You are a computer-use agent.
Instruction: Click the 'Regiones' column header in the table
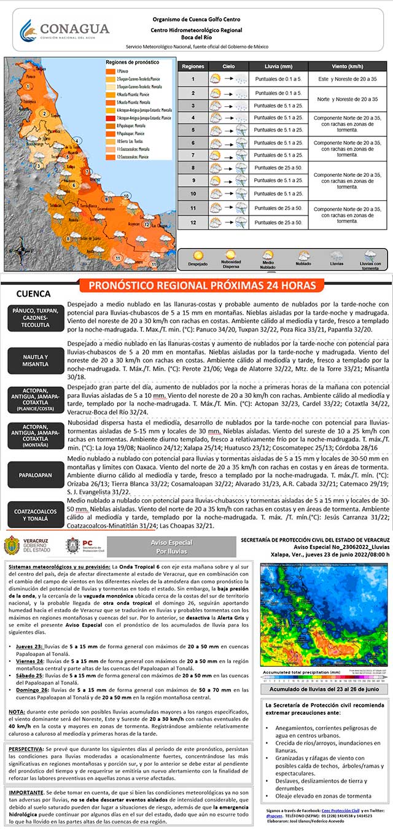click(x=193, y=65)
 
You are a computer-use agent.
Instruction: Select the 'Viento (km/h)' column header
click(x=348, y=65)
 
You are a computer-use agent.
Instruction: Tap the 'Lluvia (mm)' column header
click(x=279, y=65)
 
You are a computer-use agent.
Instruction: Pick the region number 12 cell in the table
click(x=193, y=222)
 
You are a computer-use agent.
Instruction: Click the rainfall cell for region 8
click(x=279, y=167)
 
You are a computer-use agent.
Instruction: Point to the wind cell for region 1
click(x=348, y=79)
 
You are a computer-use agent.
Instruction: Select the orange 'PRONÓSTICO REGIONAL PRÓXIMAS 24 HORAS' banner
click(x=202, y=286)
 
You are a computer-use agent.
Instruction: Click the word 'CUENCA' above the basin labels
click(x=33, y=294)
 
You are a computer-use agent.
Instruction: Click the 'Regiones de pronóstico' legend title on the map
click(x=128, y=63)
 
